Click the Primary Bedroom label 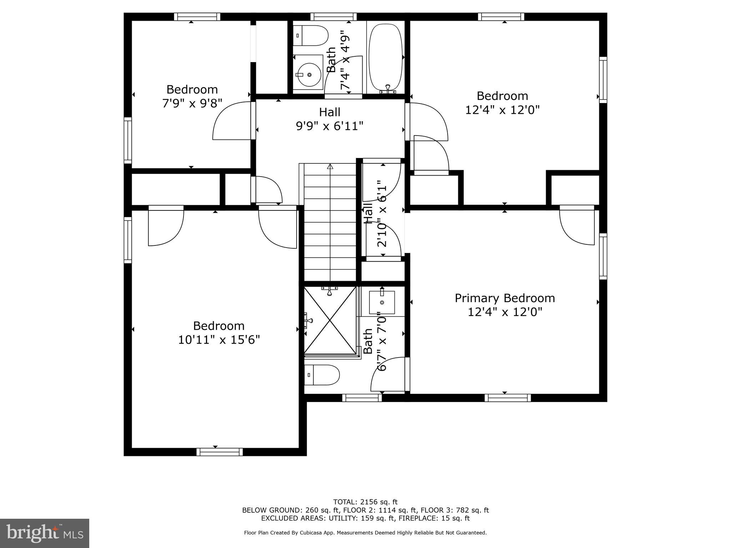click(x=504, y=298)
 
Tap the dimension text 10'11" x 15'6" click(x=219, y=340)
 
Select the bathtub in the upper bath click(x=385, y=57)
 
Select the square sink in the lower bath click(x=382, y=302)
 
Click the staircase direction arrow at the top click(x=330, y=167)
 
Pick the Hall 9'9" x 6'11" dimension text click(x=329, y=126)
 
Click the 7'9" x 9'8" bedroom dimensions click(x=192, y=103)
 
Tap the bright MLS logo click(x=44, y=533)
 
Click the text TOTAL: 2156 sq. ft click(x=365, y=502)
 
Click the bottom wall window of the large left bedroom click(x=220, y=452)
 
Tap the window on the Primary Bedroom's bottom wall click(x=507, y=398)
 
